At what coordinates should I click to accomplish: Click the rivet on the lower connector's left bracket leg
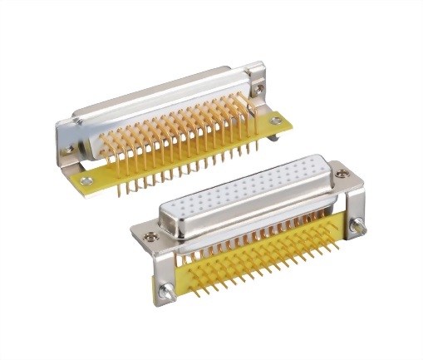[166, 289]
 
